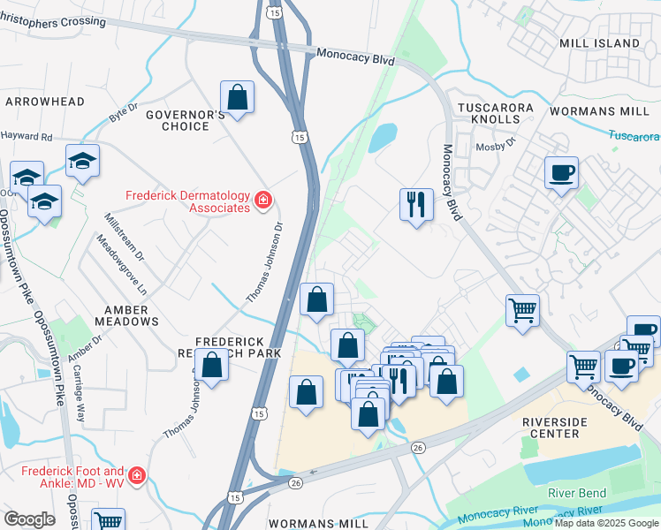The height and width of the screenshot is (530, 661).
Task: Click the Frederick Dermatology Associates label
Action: click(186, 201)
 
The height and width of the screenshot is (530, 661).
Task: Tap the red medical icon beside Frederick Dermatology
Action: click(262, 202)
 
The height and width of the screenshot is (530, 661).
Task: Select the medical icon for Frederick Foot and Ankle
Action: click(137, 477)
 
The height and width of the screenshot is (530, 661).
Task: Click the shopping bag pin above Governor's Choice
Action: click(237, 98)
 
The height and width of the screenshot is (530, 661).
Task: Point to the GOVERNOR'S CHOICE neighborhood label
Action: click(178, 120)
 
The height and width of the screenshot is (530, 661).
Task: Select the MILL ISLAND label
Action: click(599, 42)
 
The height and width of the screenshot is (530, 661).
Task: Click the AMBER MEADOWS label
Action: click(133, 315)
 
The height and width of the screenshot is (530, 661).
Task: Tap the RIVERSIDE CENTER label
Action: click(566, 428)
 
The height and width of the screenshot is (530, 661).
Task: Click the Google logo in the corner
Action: click(29, 519)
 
